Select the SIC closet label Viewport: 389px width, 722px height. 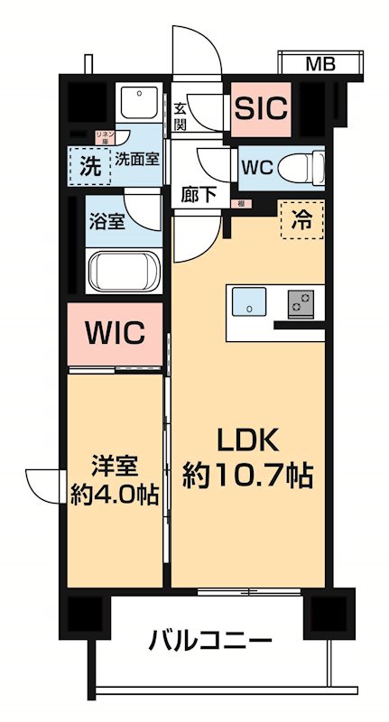[x=261, y=108]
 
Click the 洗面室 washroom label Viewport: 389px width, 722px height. [x=137, y=159]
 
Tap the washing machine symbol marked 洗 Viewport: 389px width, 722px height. [x=89, y=165]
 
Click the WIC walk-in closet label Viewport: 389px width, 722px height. [x=116, y=333]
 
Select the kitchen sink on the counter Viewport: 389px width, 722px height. [x=249, y=302]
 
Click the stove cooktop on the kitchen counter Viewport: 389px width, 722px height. [x=301, y=303]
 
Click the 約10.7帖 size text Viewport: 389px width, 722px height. [x=247, y=475]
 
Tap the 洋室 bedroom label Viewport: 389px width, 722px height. [x=115, y=467]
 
